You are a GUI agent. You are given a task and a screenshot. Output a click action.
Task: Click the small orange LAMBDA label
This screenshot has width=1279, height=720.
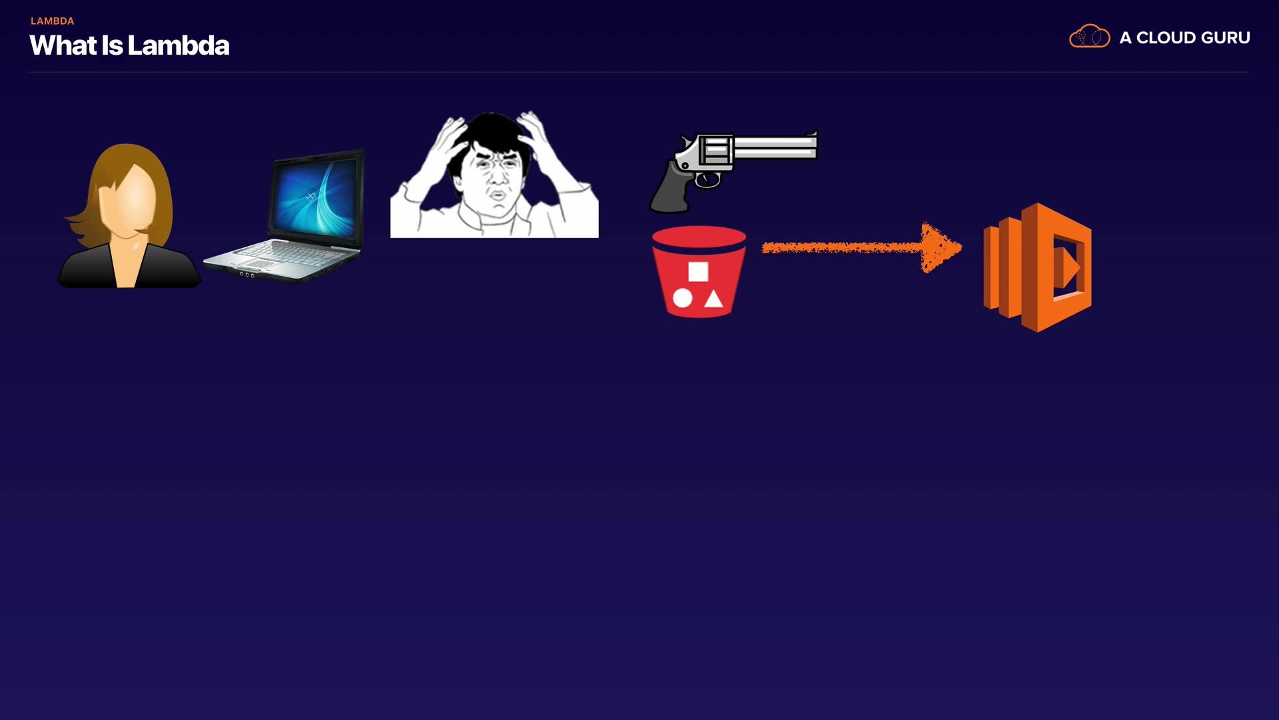(x=52, y=21)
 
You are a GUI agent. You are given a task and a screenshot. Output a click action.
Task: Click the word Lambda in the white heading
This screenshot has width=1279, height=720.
(x=178, y=46)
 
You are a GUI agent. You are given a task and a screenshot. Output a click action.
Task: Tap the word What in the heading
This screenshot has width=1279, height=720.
(x=63, y=46)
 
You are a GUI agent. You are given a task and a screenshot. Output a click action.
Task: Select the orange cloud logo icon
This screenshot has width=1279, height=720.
(x=1089, y=37)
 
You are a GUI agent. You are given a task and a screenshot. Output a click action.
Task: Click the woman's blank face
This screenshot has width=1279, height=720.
(x=127, y=200)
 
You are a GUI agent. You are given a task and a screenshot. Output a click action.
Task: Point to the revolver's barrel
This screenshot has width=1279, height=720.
(x=776, y=147)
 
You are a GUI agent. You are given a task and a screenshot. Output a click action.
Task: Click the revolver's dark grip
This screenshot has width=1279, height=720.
(x=669, y=190)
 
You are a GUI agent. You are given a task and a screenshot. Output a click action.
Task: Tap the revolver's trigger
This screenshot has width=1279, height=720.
(x=707, y=179)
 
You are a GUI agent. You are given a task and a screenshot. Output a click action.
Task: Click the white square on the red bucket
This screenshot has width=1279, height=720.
(x=698, y=271)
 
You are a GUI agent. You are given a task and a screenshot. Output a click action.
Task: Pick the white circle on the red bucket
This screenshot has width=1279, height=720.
(x=682, y=298)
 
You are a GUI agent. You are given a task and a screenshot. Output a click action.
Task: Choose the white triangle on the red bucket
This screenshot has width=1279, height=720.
(x=713, y=299)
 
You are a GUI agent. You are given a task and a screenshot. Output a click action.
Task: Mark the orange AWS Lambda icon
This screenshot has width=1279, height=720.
(x=1038, y=267)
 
